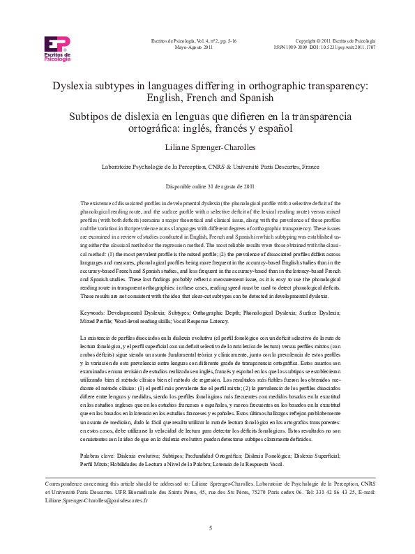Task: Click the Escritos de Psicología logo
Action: tap(57, 49)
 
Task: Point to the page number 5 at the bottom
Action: tap(210, 527)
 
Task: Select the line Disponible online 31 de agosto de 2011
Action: tap(207, 187)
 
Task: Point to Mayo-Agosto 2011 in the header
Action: tap(193, 47)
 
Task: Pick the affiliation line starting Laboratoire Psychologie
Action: tap(207, 167)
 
